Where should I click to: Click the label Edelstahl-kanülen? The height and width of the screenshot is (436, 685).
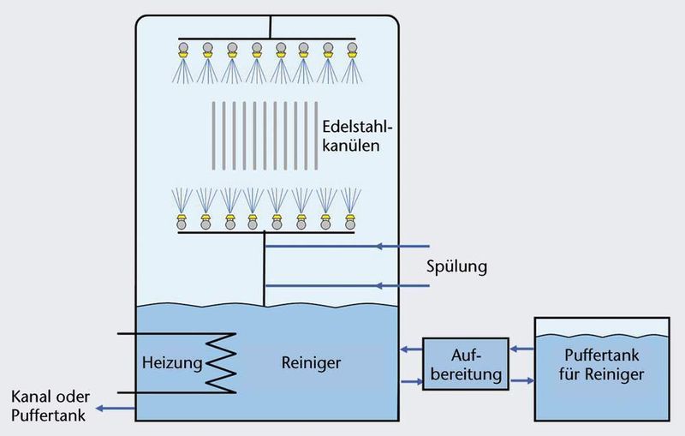357,136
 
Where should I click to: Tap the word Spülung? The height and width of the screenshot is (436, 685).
456,266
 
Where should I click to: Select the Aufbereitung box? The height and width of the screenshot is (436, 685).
466,364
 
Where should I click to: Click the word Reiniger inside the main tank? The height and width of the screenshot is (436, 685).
311,362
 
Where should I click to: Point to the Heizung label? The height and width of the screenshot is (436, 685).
172,362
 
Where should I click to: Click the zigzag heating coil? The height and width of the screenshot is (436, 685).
221,363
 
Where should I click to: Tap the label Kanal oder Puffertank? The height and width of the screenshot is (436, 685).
51,406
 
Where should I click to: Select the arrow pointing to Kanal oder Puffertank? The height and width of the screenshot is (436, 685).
116,409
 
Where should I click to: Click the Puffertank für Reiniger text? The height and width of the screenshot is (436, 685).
602,364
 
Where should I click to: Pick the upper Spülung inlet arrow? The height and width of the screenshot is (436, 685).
348,247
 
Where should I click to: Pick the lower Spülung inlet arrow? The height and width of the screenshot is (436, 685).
348,286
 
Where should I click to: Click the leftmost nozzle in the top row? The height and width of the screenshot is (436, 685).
183,51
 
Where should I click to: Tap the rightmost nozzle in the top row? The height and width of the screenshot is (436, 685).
352,51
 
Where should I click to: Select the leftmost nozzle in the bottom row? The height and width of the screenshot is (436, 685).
182,222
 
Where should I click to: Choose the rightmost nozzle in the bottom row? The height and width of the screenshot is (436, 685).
350,222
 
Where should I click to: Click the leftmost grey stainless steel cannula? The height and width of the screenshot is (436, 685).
213,136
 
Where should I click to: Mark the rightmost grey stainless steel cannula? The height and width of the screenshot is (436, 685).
316,136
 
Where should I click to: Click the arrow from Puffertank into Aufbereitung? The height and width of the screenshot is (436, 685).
522,349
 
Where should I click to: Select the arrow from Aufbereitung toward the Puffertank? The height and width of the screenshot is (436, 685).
522,381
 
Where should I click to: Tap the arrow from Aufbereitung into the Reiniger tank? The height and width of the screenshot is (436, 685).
411,349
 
